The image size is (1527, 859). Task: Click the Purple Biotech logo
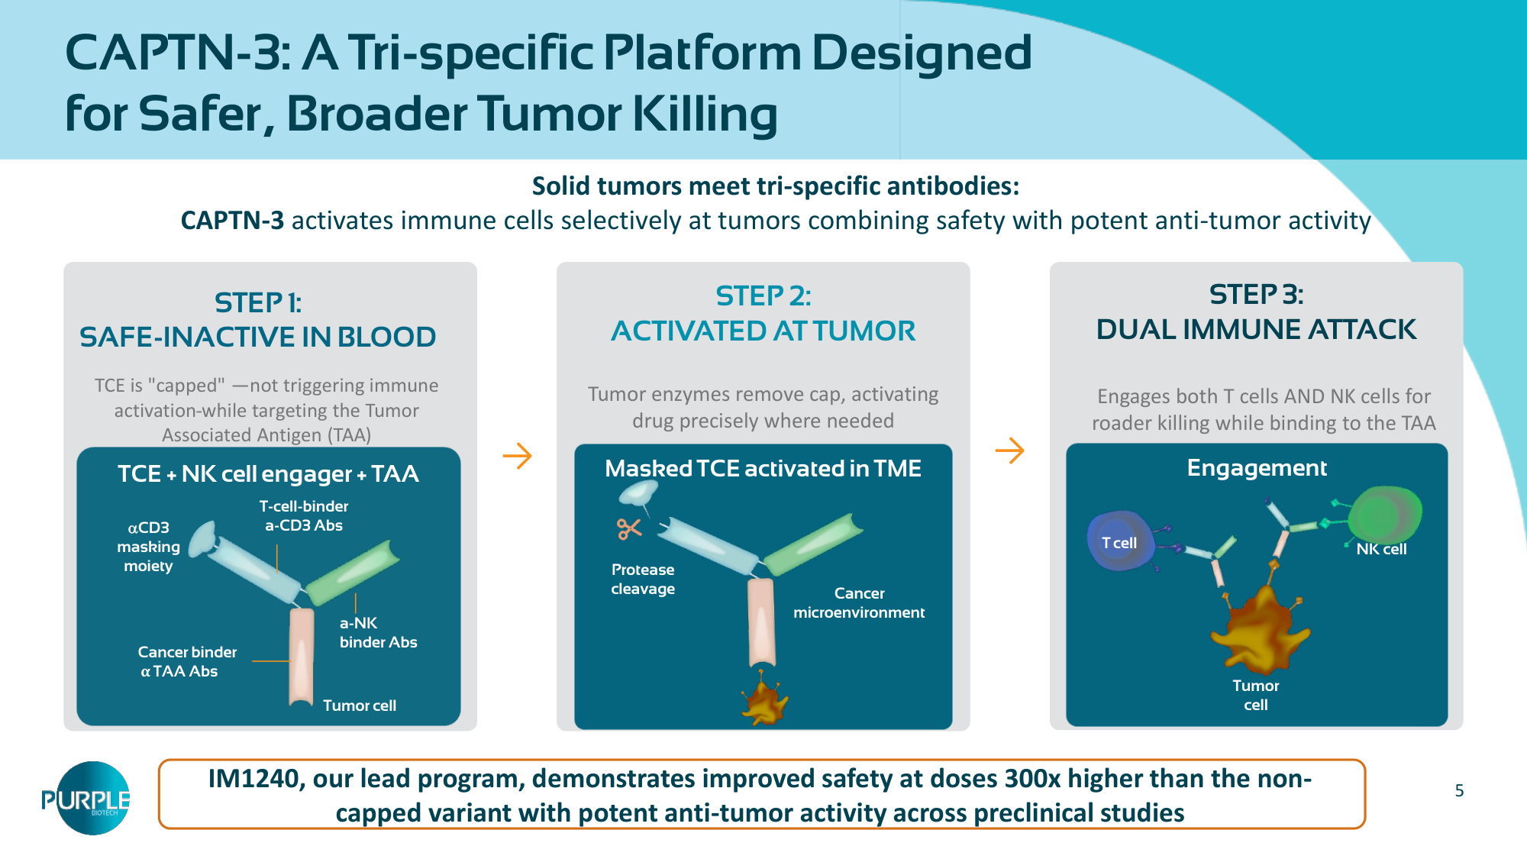[86, 798]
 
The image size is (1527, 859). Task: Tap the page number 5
[1459, 791]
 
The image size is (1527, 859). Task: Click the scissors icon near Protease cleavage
[629, 528]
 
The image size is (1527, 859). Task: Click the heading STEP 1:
[258, 303]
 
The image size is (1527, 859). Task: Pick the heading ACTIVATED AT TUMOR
[763, 331]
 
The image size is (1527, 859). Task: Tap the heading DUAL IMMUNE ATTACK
[1256, 330]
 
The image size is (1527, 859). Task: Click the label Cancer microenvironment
[859, 602]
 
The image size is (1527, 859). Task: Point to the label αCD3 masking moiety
[148, 547]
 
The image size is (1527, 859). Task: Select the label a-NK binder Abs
[378, 632]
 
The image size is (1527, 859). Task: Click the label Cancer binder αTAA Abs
[187, 661]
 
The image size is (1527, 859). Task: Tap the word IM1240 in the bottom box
[253, 778]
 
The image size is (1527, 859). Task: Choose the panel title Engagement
[1257, 468]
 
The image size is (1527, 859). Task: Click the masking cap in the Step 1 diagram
[202, 539]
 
